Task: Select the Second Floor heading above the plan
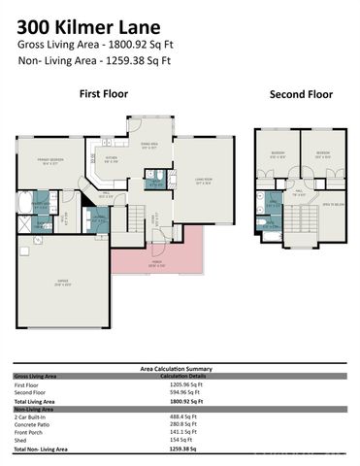[x=301, y=94]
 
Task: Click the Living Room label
[x=203, y=180]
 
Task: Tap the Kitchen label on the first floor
[x=112, y=160]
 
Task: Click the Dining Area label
[x=148, y=147]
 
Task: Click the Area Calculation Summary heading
[x=180, y=369]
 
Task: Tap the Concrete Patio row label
[x=33, y=423]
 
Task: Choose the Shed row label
[x=20, y=440]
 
